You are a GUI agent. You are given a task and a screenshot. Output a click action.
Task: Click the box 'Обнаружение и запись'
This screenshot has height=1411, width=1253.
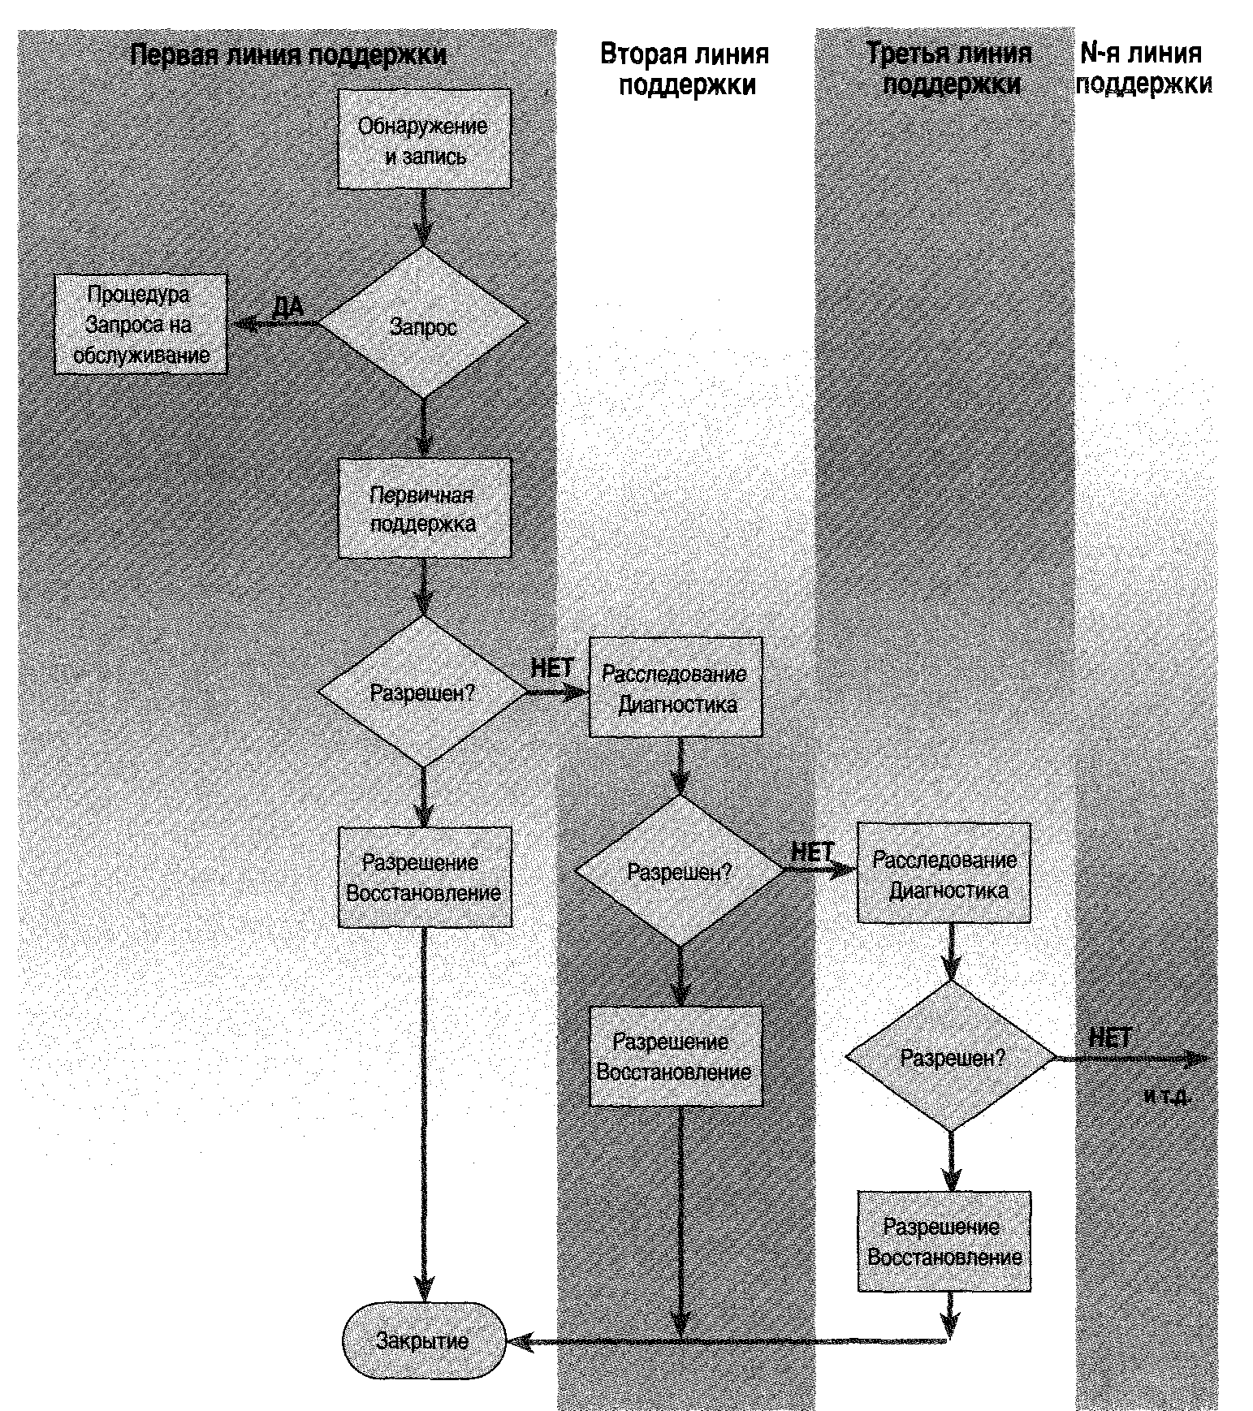(x=424, y=139)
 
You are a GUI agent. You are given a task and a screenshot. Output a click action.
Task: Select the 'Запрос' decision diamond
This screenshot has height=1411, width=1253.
(x=424, y=324)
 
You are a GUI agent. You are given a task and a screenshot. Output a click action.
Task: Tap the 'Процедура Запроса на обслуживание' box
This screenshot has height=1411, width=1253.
(x=140, y=324)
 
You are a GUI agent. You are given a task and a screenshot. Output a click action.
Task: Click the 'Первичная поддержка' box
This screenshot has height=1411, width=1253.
(x=424, y=508)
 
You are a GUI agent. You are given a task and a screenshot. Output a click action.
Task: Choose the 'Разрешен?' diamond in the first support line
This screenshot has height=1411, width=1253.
(x=422, y=693)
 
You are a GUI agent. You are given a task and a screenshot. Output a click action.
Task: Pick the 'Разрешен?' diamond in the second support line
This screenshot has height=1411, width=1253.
(x=680, y=870)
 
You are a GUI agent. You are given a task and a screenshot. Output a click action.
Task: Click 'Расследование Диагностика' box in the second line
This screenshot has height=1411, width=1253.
(x=676, y=688)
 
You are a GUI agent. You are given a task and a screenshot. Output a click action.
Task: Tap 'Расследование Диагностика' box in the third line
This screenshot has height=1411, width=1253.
(x=944, y=874)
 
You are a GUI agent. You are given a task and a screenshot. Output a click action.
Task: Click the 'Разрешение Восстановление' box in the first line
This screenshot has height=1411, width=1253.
(x=424, y=878)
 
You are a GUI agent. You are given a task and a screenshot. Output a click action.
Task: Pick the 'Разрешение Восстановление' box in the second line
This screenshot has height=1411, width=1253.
(x=676, y=1056)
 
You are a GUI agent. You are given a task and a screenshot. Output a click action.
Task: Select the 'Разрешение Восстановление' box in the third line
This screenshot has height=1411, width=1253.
(x=944, y=1241)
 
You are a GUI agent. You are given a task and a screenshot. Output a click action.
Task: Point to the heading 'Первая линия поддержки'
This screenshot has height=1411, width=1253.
(x=288, y=54)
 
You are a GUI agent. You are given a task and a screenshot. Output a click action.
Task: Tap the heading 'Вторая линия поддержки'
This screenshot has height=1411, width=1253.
(x=685, y=69)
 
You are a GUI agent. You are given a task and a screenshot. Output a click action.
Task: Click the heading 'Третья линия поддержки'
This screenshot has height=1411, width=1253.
(x=949, y=69)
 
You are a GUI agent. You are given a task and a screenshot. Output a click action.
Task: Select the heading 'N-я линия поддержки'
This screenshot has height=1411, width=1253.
(x=1143, y=69)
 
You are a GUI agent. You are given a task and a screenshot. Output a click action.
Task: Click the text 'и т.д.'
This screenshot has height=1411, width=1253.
(x=1168, y=1096)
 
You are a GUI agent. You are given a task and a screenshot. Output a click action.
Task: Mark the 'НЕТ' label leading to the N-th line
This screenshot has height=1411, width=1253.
(x=1109, y=1038)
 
